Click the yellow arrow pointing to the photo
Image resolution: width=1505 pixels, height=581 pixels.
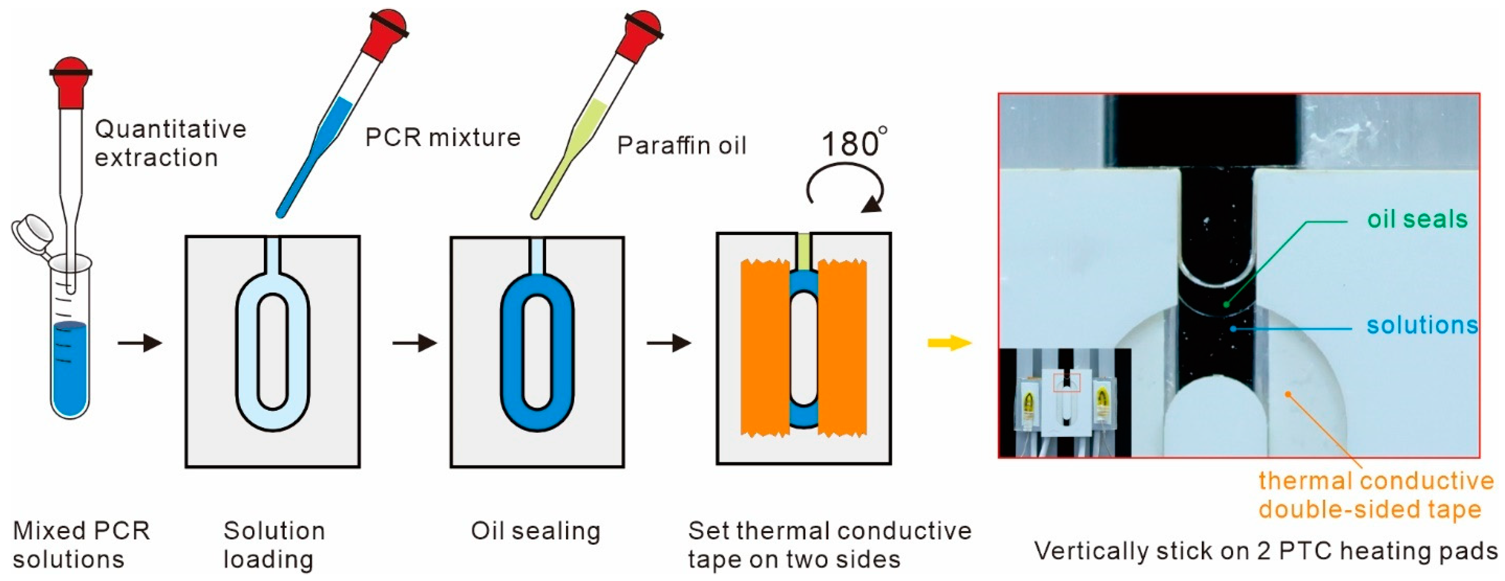tap(949, 343)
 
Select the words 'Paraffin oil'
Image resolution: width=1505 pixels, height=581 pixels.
tap(681, 145)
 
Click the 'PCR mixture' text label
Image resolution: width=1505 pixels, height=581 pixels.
tap(442, 138)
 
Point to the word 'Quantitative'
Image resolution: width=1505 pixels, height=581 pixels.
tap(170, 129)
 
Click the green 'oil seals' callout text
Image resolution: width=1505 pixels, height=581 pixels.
tap(1417, 220)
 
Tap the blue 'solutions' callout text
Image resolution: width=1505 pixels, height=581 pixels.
tap(1421, 325)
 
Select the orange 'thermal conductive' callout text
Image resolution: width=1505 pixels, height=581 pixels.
tap(1376, 481)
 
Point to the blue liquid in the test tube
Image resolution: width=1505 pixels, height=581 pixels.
tap(70, 368)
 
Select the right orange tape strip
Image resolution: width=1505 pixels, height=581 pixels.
tap(842, 348)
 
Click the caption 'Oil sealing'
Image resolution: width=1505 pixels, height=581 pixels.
tap(535, 531)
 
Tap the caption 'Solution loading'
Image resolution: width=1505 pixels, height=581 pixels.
tap(273, 545)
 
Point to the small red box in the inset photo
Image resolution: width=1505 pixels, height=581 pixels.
tap(1067, 383)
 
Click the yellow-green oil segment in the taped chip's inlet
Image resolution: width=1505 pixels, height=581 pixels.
tap(804, 251)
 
